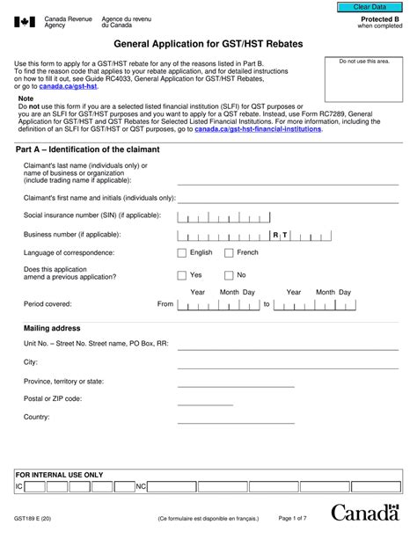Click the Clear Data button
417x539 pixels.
369,7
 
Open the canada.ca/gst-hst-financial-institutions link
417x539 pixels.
258,128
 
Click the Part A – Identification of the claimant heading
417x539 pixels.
88,149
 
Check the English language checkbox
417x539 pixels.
182,252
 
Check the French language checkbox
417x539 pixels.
229,252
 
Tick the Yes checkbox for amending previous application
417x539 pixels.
182,275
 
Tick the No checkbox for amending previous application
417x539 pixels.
229,275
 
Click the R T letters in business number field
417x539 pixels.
280,235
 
